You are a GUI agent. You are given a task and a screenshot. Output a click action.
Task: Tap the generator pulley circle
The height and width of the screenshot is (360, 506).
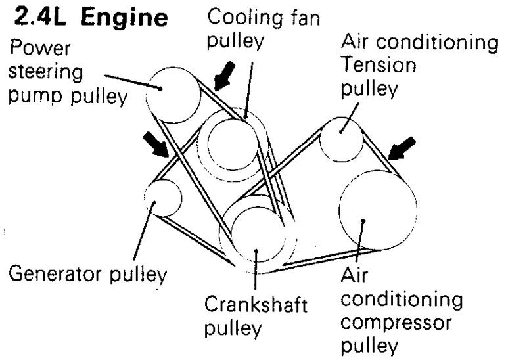(x=162, y=198)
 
